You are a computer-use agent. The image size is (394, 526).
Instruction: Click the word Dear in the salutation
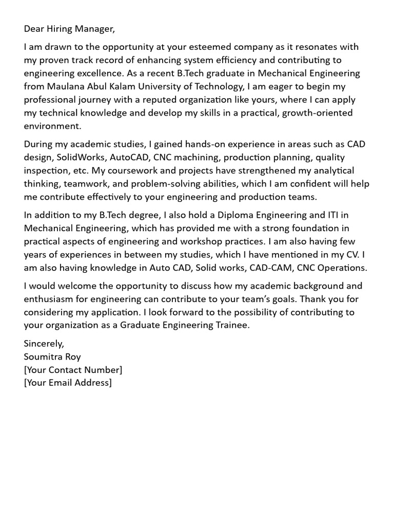coord(34,29)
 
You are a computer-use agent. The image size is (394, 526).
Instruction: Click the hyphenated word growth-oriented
coord(316,112)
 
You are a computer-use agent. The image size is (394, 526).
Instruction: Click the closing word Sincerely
coord(44,343)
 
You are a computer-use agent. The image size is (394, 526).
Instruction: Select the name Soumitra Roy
coord(52,356)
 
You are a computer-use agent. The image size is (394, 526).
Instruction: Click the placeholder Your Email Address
coord(67,383)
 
